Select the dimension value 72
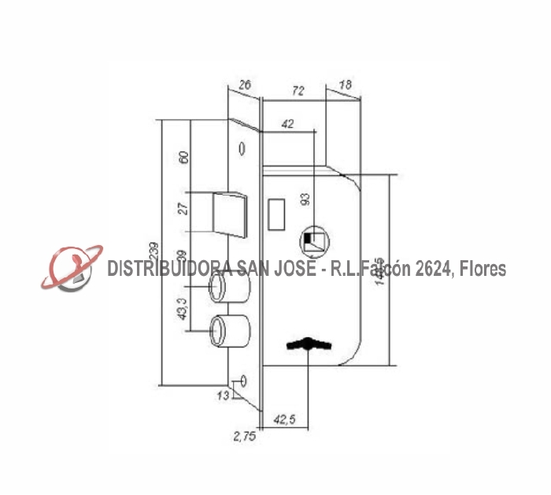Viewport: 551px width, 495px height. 297,91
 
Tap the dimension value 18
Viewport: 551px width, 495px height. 345,84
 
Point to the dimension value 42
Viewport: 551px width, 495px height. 287,124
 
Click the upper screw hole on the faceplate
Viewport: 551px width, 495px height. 242,148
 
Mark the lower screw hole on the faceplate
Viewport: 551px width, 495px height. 243,381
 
